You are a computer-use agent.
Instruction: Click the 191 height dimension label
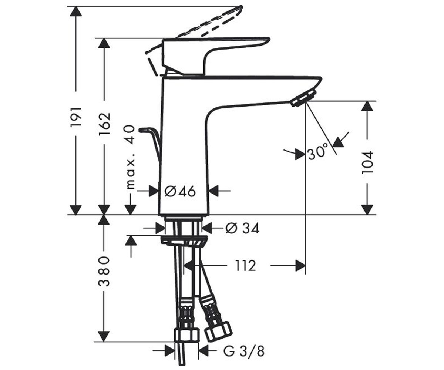pyautogui.click(x=76, y=117)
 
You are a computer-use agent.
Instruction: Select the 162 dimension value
pyautogui.click(x=104, y=124)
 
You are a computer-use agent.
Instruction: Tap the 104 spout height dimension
pyautogui.click(x=367, y=163)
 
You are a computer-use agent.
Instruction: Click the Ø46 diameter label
pyautogui.click(x=180, y=191)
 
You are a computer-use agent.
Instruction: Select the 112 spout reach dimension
pyautogui.click(x=245, y=266)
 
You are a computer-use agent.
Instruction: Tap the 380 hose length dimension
pyautogui.click(x=104, y=271)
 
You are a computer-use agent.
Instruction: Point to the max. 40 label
pyautogui.click(x=131, y=157)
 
